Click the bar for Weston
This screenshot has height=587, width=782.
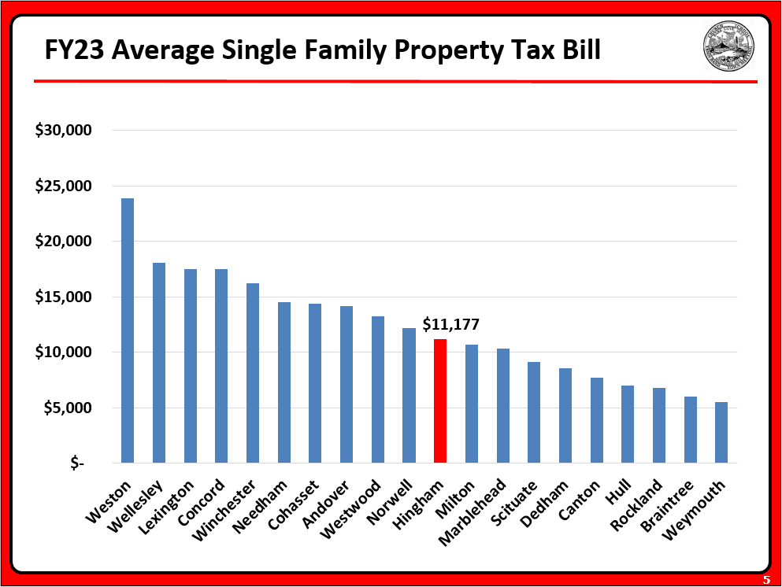pyautogui.click(x=127, y=330)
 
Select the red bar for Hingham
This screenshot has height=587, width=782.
pyautogui.click(x=439, y=401)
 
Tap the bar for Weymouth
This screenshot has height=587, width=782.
pyautogui.click(x=721, y=432)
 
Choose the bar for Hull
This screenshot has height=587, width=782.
pyautogui.click(x=627, y=424)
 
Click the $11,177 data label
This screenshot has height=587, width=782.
pyautogui.click(x=450, y=324)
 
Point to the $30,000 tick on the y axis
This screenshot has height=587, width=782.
pyautogui.click(x=64, y=131)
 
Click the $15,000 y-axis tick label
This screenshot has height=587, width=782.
pyautogui.click(x=64, y=297)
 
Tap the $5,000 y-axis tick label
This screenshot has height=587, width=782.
pyautogui.click(x=67, y=408)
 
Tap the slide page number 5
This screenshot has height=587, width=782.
pyautogui.click(x=765, y=579)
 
